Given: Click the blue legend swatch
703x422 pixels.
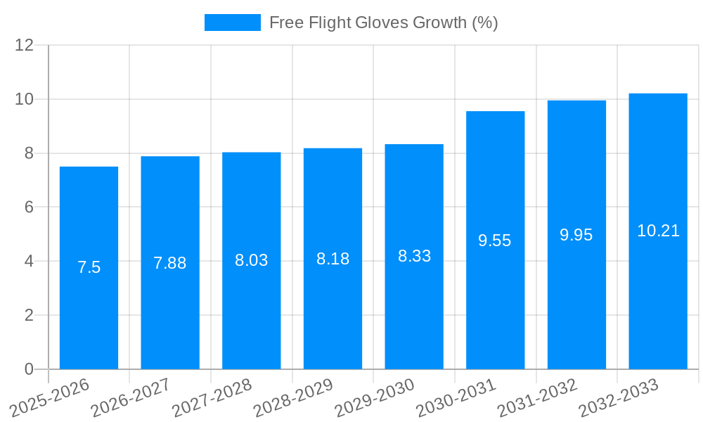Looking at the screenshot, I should point(232,23).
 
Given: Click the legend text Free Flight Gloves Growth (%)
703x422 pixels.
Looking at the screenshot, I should point(383,23).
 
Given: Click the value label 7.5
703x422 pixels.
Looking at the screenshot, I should point(89,267).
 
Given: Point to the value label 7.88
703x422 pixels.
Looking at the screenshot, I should point(170,263).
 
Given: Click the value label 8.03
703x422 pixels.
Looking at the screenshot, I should point(251,260).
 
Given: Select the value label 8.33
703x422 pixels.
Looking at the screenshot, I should point(414,256).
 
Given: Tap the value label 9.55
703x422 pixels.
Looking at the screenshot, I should point(495,241).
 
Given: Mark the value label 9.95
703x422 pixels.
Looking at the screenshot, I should point(576,235).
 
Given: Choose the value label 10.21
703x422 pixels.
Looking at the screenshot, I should point(658,231).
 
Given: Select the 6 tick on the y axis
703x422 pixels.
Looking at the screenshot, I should point(29,207).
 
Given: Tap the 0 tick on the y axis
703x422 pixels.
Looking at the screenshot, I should point(29,369).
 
